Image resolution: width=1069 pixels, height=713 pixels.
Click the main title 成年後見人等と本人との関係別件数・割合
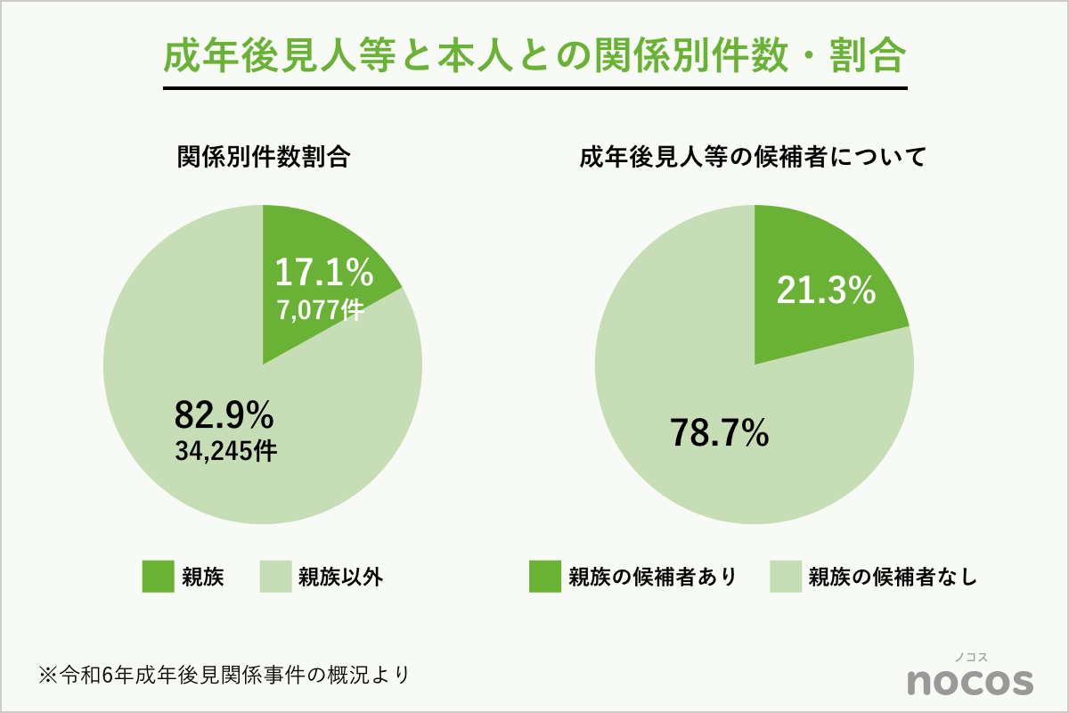click(x=534, y=56)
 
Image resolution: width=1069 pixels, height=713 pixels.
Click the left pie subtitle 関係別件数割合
click(x=264, y=159)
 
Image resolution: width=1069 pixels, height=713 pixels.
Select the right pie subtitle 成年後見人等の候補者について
click(x=754, y=159)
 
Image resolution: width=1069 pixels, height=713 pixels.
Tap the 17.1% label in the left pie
click(x=323, y=273)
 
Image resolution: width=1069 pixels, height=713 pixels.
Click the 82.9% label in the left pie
click(x=224, y=414)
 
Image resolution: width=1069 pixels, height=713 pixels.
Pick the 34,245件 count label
click(x=225, y=451)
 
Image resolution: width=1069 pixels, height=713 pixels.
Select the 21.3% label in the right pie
click(x=826, y=291)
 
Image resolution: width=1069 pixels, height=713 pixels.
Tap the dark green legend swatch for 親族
click(x=158, y=577)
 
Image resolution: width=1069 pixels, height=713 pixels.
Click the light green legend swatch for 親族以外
click(x=275, y=577)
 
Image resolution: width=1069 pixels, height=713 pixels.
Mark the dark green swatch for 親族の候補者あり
click(x=544, y=577)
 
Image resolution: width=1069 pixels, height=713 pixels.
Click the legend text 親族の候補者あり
click(x=653, y=578)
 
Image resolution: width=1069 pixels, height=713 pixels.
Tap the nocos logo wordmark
click(x=970, y=681)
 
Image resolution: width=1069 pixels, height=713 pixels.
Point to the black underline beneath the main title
click(x=534, y=88)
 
